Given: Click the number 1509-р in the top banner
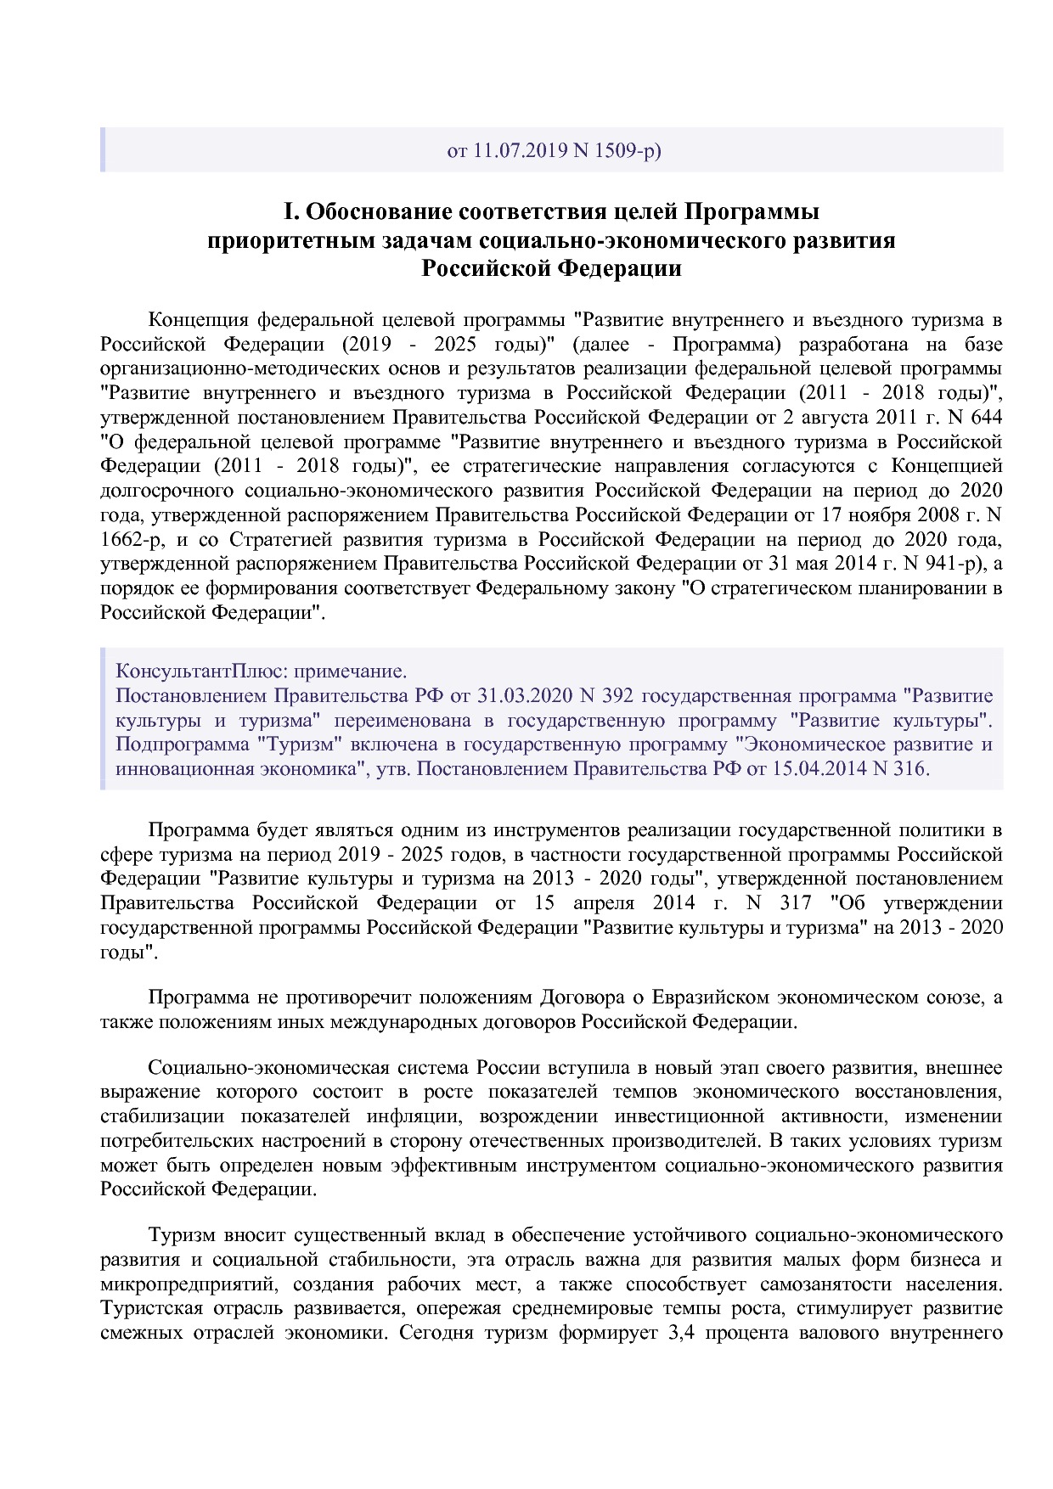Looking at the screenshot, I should [628, 151].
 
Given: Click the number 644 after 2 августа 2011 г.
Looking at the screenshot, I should [986, 418].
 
